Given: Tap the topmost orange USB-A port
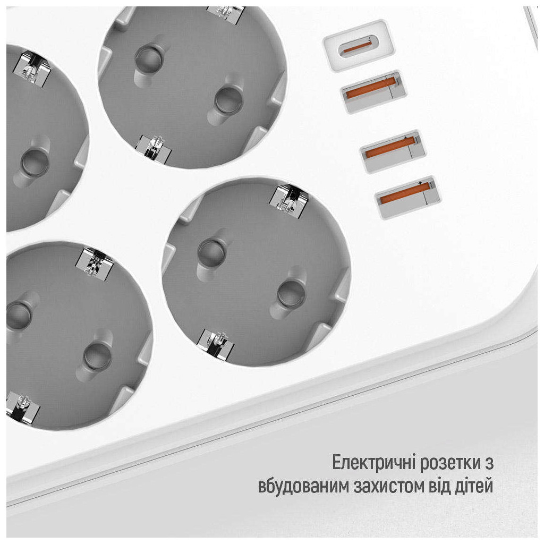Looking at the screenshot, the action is pos(374,92).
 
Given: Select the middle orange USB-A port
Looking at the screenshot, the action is pos(393,151).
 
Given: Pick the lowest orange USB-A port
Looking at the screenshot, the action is pos(408,198).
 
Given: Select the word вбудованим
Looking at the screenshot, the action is pos(303,487).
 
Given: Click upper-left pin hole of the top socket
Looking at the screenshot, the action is pos(149,57).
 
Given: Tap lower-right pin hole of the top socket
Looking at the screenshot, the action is pos(228,100).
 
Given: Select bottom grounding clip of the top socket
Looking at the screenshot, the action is pos(154,149).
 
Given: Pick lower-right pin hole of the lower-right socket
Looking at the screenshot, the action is pos(292,293).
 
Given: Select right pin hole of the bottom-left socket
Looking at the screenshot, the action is pos(98,356).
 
